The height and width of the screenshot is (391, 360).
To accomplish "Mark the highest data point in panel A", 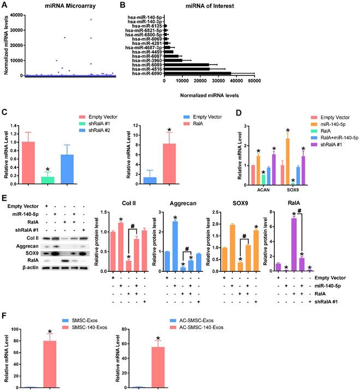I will point(91,20).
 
